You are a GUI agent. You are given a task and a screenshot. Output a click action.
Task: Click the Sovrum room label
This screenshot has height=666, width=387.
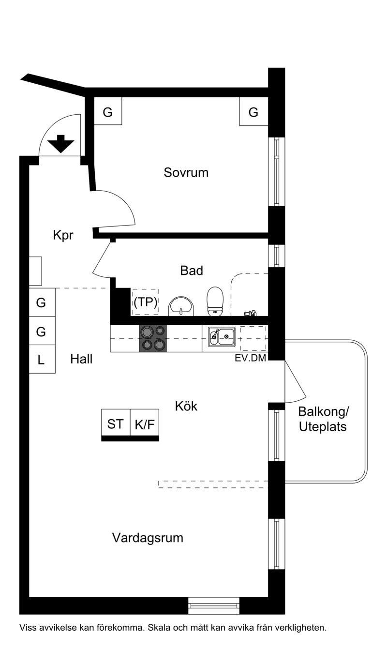pyautogui.click(x=186, y=172)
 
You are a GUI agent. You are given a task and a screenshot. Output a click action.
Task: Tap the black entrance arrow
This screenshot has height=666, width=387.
pyautogui.click(x=61, y=144)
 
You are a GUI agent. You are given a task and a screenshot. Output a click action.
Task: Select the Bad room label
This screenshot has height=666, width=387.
pyautogui.click(x=192, y=271)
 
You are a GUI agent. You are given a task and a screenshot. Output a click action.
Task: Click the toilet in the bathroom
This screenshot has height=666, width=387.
pyautogui.click(x=215, y=301)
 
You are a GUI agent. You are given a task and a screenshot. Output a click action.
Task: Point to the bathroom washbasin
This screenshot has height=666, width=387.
pyautogui.click(x=181, y=306)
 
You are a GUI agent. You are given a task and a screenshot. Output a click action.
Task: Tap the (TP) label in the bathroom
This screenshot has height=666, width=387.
pyautogui.click(x=145, y=302)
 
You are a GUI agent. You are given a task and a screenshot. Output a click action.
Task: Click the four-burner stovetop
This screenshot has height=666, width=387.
pyautogui.click(x=153, y=339)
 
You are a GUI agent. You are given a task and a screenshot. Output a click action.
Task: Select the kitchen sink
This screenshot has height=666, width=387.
pyautogui.click(x=222, y=336)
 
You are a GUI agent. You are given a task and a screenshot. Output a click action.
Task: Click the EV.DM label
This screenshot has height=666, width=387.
pyautogui.click(x=250, y=358)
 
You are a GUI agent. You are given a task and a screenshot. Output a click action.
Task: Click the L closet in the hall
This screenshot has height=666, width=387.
pyautogui.click(x=42, y=359)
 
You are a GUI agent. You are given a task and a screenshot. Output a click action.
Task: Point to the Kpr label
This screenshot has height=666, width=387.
pyautogui.click(x=63, y=235)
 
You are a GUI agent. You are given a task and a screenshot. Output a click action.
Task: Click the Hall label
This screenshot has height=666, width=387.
pyautogui.click(x=81, y=359)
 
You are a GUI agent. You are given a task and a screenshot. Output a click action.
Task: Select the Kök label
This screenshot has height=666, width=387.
pyautogui.click(x=186, y=406)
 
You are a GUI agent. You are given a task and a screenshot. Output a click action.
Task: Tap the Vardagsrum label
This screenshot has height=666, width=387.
pyautogui.click(x=148, y=538)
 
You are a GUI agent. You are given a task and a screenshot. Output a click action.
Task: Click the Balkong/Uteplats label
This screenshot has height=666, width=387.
pyautogui.click(x=323, y=419)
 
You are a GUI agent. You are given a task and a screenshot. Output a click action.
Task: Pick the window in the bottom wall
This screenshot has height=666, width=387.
pyautogui.click(x=214, y=605)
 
